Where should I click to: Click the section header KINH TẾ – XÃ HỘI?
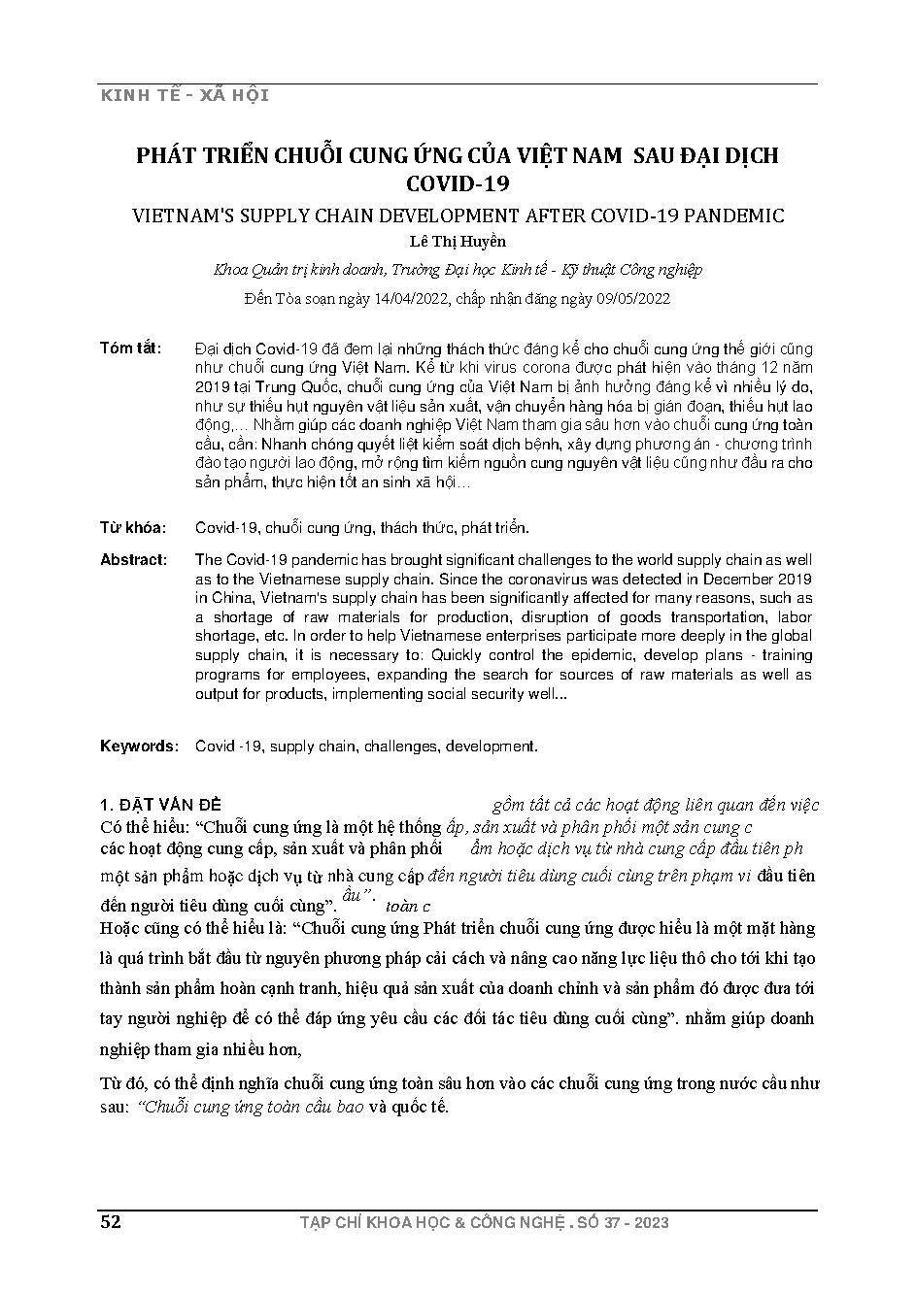pos(185,95)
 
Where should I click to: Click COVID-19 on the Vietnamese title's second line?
pos(458,182)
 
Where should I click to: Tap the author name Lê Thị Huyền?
pos(458,242)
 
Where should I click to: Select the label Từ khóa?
pos(133,528)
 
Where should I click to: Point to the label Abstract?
pos(134,560)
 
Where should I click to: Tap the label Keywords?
pos(139,747)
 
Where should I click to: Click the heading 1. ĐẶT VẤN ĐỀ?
pos(161,805)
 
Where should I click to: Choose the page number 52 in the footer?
pos(111,1222)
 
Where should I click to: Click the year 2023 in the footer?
pos(648,1223)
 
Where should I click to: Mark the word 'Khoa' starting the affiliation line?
pos(230,270)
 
